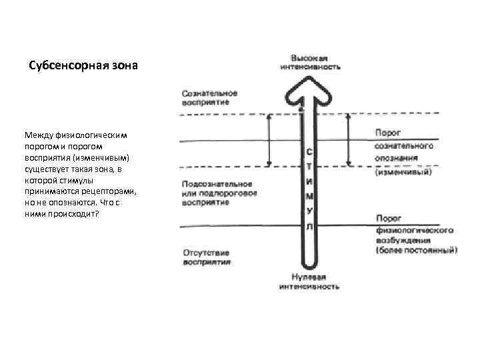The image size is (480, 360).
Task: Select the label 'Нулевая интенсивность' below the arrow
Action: (x=308, y=282)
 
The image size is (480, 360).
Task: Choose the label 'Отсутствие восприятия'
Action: (x=205, y=257)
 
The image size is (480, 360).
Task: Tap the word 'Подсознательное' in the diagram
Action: (x=217, y=183)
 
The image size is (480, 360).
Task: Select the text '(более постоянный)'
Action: (x=416, y=251)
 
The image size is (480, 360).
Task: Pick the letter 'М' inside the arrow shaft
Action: (x=309, y=197)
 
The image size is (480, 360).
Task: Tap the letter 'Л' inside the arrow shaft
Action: (x=309, y=227)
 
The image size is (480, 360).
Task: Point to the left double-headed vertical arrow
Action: (x=269, y=139)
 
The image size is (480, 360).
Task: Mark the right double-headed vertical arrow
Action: (x=347, y=139)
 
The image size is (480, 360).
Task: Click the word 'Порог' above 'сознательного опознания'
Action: (x=387, y=133)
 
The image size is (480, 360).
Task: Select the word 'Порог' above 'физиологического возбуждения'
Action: (x=387, y=219)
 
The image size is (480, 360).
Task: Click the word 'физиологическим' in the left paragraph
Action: (x=89, y=135)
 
